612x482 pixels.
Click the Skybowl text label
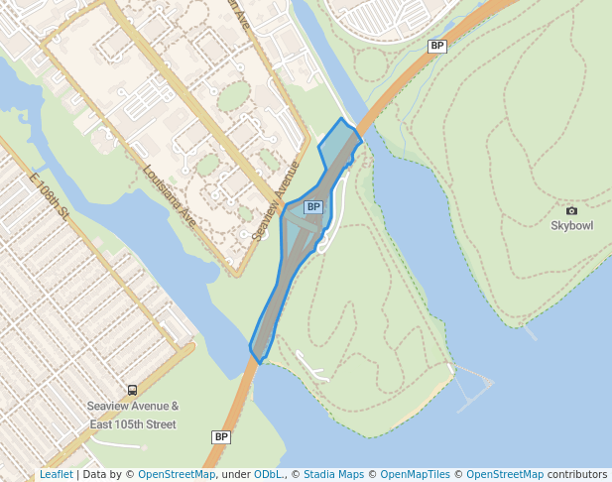[x=571, y=225]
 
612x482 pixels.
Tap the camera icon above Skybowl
[x=571, y=211]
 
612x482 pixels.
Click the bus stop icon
[x=133, y=391]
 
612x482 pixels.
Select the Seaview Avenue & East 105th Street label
[x=133, y=416]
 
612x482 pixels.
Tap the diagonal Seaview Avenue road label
[x=276, y=201]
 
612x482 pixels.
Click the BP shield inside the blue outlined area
[x=313, y=207]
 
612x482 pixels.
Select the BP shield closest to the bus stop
[x=221, y=436]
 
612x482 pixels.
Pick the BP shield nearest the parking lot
[x=436, y=46]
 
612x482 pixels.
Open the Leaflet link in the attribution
[x=56, y=475]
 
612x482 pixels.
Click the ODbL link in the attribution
[x=267, y=475]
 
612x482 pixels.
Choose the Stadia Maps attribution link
[x=332, y=475]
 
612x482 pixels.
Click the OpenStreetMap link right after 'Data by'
[x=177, y=475]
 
